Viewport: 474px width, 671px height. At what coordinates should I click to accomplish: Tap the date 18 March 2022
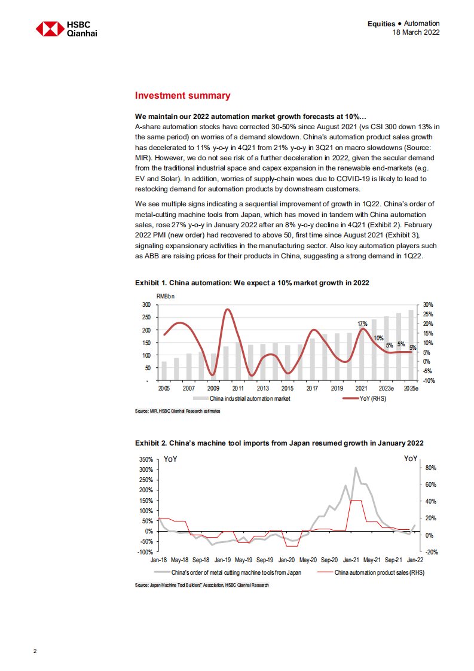415,32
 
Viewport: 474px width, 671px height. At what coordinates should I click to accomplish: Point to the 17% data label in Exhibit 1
362,324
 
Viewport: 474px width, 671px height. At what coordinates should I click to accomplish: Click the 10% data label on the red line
378,338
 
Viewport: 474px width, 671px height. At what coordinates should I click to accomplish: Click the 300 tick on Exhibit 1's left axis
145,304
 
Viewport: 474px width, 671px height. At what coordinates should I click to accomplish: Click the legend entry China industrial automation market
249,398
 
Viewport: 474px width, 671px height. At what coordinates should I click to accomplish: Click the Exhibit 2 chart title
279,443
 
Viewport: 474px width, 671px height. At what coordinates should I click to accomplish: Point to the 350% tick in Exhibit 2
145,459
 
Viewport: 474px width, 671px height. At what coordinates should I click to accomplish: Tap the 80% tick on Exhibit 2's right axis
431,469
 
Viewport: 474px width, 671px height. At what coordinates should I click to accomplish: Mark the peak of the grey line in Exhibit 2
356,468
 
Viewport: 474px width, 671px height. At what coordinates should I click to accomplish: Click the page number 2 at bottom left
35,651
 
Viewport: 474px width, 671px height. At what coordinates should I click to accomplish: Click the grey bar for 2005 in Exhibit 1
164,371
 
